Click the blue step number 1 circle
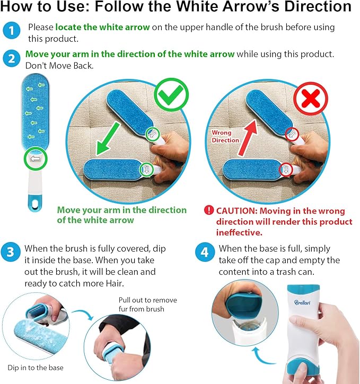pyautogui.click(x=11, y=30)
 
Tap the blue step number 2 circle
pyautogui.click(x=11, y=59)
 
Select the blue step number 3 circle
pyautogui.click(x=10, y=252)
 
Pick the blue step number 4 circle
pyautogui.click(x=205, y=252)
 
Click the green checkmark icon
pyautogui.click(x=171, y=95)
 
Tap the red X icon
pyautogui.click(x=311, y=99)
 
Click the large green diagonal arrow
pyautogui.click(x=108, y=139)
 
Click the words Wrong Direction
pyautogui.click(x=225, y=137)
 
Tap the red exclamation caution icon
pyautogui.click(x=209, y=210)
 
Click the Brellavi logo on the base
pyautogui.click(x=302, y=302)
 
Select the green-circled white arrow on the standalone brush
pyautogui.click(x=36, y=159)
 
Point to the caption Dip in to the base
pyautogui.click(x=36, y=368)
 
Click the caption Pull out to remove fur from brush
pyautogui.click(x=147, y=305)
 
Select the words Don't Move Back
pyautogui.click(x=59, y=66)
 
